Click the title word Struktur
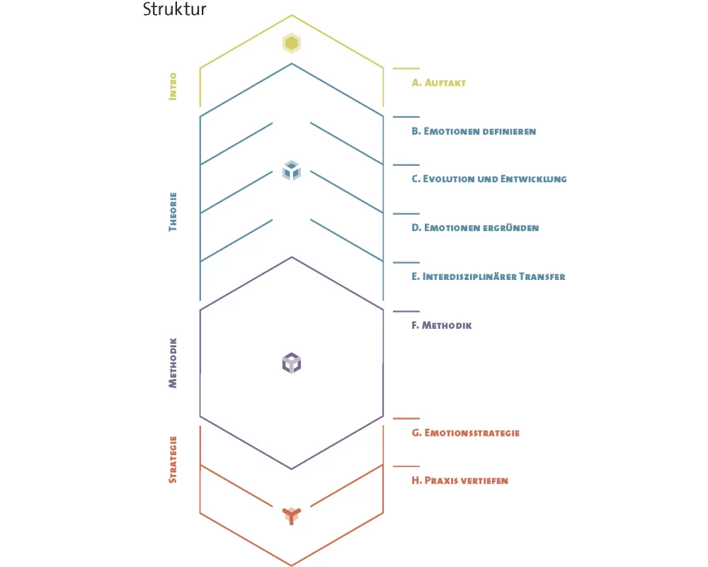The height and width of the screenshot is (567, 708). point(175,10)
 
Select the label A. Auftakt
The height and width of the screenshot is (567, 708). point(439,83)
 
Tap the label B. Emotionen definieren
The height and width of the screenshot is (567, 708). point(474,131)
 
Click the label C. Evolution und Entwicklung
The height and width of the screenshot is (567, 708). point(489,179)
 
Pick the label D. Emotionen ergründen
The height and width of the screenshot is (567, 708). point(475,228)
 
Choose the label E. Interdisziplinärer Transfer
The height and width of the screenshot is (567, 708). point(489,276)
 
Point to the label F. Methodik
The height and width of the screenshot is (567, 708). point(442,325)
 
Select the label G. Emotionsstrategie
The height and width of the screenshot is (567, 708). point(466,432)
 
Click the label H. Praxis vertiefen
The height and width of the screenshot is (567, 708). point(460,481)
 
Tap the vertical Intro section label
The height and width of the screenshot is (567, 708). point(173,86)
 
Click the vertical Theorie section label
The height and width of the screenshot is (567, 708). point(173,211)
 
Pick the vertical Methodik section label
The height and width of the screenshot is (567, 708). point(173,362)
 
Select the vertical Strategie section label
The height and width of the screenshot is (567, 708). point(173,459)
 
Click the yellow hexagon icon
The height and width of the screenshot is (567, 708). point(291,43)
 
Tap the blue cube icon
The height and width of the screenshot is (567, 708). point(292,171)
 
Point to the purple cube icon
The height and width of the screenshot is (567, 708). point(292,363)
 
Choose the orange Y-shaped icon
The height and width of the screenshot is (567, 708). point(292,515)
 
